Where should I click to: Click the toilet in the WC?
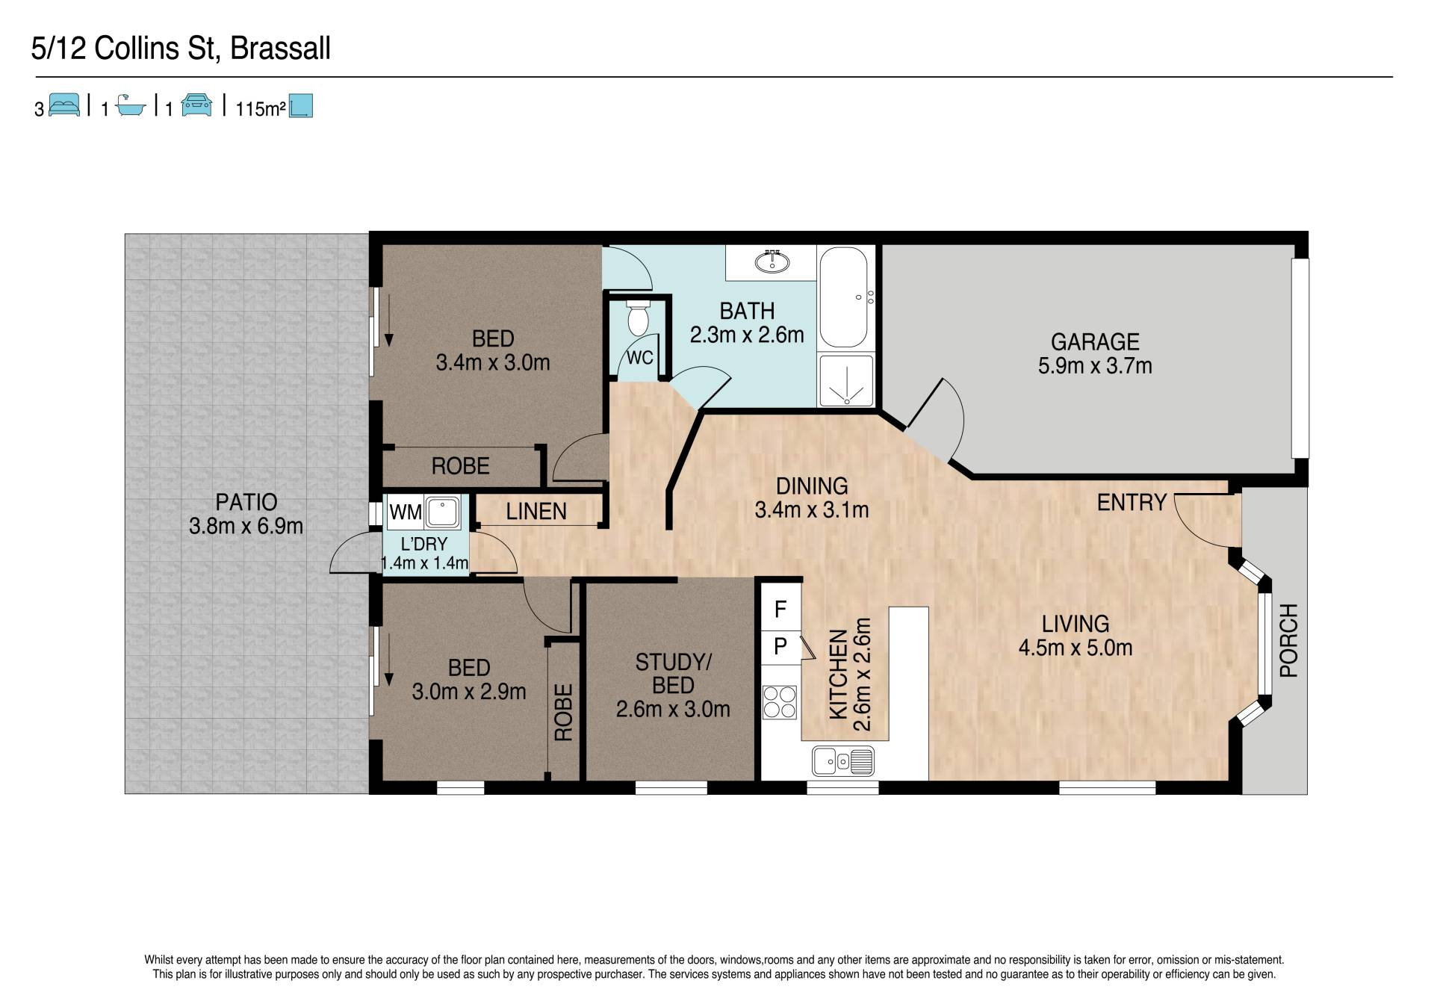pyautogui.click(x=637, y=318)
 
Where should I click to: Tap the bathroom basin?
pyautogui.click(x=772, y=262)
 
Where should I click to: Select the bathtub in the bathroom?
pyautogui.click(x=844, y=297)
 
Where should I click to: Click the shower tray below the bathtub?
pyautogui.click(x=846, y=381)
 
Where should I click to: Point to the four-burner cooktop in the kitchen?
pyautogui.click(x=780, y=702)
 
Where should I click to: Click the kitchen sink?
pyautogui.click(x=843, y=762)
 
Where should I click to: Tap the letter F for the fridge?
pyautogui.click(x=780, y=610)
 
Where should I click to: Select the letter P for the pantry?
pyautogui.click(x=780, y=645)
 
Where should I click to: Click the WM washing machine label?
pyautogui.click(x=406, y=512)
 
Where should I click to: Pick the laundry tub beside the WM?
pyautogui.click(x=442, y=512)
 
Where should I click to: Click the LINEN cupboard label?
pyautogui.click(x=536, y=512)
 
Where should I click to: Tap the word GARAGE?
pyautogui.click(x=1095, y=341)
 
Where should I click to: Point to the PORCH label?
pyautogui.click(x=1289, y=640)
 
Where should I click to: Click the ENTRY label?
pyautogui.click(x=1132, y=503)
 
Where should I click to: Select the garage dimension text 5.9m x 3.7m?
pyautogui.click(x=1095, y=366)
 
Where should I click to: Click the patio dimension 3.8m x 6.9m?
pyautogui.click(x=246, y=526)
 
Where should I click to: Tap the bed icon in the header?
pyautogui.click(x=64, y=105)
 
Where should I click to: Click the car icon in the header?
pyautogui.click(x=197, y=105)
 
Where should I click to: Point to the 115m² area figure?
pyautogui.click(x=261, y=109)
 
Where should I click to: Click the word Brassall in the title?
pyautogui.click(x=280, y=49)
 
